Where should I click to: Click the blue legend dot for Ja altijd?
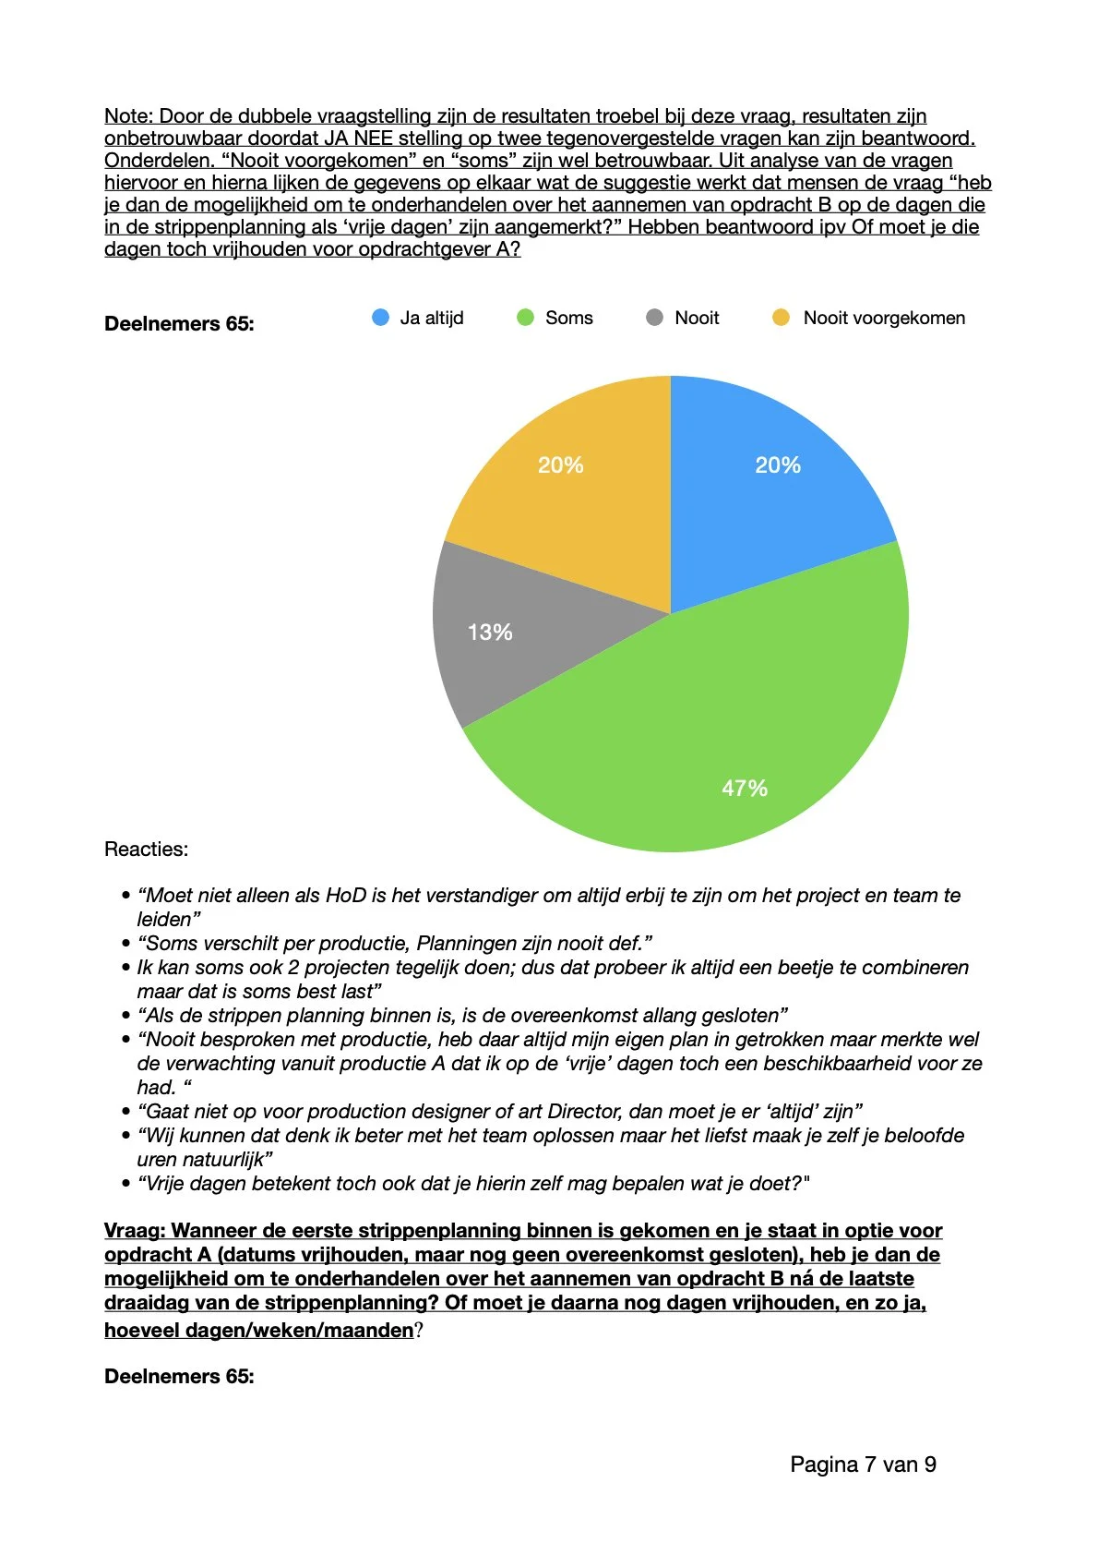[x=380, y=318]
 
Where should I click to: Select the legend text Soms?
[x=568, y=318]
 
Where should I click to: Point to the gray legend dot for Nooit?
[x=654, y=318]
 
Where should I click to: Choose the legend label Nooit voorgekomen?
[x=883, y=318]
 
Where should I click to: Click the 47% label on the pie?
[x=744, y=788]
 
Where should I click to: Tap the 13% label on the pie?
[x=490, y=633]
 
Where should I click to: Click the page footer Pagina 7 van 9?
[x=863, y=1465]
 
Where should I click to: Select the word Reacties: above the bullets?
[x=146, y=849]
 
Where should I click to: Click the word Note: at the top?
[x=128, y=116]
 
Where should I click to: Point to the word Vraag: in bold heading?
[x=135, y=1231]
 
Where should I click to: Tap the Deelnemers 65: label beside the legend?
[x=179, y=324]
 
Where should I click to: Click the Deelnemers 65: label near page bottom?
[x=179, y=1377]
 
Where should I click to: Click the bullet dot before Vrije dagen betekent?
[x=126, y=1184]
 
